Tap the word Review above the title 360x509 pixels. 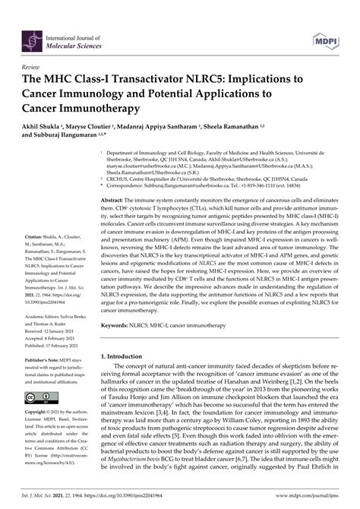33,67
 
